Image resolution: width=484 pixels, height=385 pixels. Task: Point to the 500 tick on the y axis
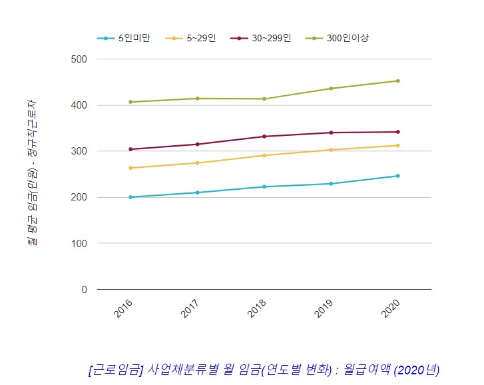(x=79, y=59)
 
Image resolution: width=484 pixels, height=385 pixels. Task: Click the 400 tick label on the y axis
(x=79, y=105)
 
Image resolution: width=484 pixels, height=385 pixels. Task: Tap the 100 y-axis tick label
(x=79, y=244)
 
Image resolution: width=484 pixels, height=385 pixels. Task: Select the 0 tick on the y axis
(x=84, y=290)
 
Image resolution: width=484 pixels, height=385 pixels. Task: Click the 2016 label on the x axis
(x=123, y=308)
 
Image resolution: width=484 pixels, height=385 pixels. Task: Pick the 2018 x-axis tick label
(x=257, y=308)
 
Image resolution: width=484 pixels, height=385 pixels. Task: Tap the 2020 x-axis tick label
(x=391, y=308)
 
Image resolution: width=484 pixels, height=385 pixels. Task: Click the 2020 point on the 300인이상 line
(x=398, y=81)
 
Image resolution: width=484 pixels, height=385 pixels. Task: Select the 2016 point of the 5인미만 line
(x=130, y=197)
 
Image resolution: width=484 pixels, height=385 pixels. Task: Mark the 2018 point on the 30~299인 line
(x=264, y=137)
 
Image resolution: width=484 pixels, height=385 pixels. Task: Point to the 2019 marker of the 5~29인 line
(x=331, y=150)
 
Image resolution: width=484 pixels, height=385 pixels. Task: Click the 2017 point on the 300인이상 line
(x=197, y=99)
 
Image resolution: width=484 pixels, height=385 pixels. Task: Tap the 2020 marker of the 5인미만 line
(x=398, y=176)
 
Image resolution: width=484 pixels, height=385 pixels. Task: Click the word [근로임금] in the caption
(x=115, y=370)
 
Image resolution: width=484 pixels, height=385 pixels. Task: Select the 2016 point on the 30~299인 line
(x=130, y=149)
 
